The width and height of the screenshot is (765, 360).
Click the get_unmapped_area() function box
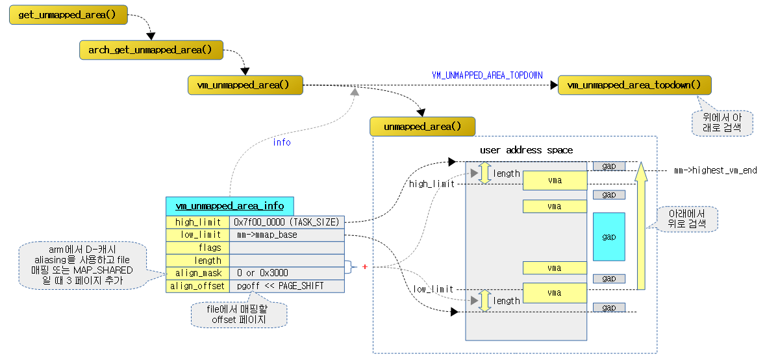tap(68, 15)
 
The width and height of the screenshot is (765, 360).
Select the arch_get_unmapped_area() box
tap(151, 49)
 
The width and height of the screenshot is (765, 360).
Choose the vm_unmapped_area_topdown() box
tap(634, 85)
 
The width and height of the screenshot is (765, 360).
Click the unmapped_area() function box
tap(422, 127)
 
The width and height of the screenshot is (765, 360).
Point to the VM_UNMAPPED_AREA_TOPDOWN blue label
tap(487, 75)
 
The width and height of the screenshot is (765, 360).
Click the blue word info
tap(281, 142)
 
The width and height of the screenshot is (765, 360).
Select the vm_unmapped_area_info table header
tap(229, 206)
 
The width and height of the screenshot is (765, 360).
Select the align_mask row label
tap(198, 273)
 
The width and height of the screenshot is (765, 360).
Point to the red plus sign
tap(364, 266)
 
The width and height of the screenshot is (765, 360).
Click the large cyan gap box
tap(608, 237)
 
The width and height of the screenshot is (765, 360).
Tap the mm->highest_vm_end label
tap(715, 171)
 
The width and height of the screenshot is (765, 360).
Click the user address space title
tap(526, 150)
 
